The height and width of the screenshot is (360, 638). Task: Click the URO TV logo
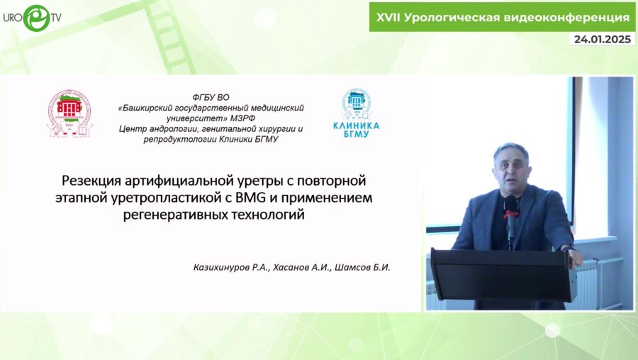[x=31, y=16]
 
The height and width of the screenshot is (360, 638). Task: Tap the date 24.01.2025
[x=602, y=40]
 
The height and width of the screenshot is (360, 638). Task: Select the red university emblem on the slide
[x=69, y=113]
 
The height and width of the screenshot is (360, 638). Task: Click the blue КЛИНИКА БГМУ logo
[x=356, y=113]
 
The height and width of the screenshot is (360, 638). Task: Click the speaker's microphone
[x=510, y=210]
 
